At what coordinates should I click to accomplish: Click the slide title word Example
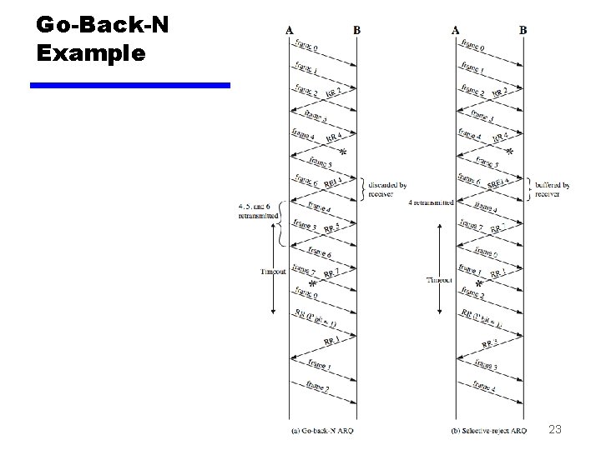(91, 53)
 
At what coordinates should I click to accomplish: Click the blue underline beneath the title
(129, 84)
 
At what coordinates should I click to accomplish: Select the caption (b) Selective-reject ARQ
(487, 431)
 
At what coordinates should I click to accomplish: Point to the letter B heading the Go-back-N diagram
(357, 31)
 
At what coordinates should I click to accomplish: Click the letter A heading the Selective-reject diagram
(455, 31)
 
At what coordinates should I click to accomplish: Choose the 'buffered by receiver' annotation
(553, 190)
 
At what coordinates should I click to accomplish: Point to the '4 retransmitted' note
(432, 202)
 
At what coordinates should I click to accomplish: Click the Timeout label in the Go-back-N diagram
(273, 271)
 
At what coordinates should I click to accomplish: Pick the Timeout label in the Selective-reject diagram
(440, 280)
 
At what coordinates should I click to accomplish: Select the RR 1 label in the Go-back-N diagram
(331, 342)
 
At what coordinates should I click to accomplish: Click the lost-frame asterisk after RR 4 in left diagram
(342, 153)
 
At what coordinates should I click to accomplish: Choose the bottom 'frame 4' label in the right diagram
(484, 386)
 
